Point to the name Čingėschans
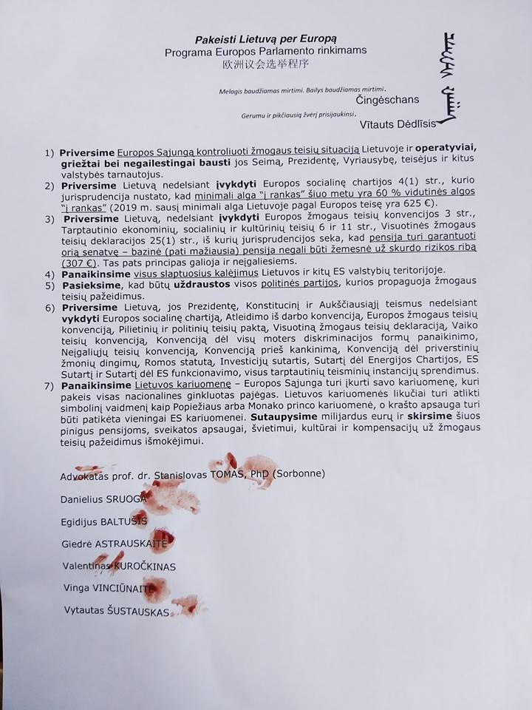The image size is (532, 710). (x=387, y=100)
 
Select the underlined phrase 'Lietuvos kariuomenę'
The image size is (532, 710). (x=174, y=386)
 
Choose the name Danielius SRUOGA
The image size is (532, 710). (x=103, y=498)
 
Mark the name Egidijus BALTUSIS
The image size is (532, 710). (x=103, y=521)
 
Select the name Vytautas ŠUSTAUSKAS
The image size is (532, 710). (x=115, y=612)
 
